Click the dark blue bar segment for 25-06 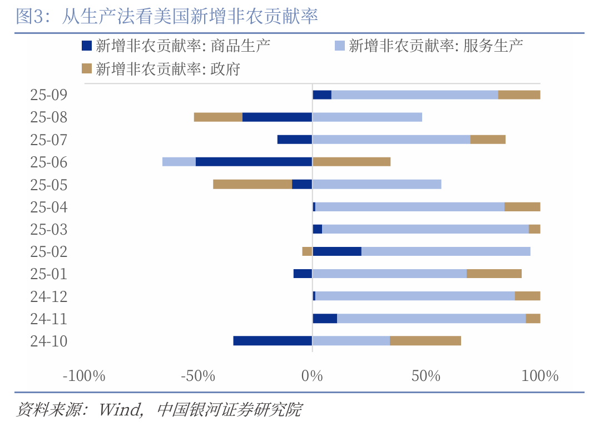point(254,162)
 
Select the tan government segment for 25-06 point(351,162)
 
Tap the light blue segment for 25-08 point(367,117)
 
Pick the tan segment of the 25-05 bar point(253,184)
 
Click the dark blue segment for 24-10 point(273,341)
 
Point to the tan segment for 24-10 point(425,341)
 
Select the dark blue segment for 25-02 point(337,251)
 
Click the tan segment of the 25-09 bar point(519,95)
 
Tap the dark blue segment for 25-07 point(295,140)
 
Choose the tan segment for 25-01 point(494,274)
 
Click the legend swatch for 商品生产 point(86,46)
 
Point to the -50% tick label point(198,376)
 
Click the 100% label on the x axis point(540,376)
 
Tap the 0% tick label point(312,376)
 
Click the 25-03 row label point(49,229)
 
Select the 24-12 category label point(49,296)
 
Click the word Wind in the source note point(119,410)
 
